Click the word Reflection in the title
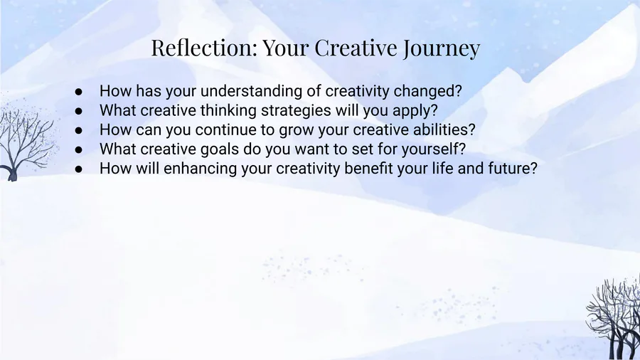[x=204, y=48]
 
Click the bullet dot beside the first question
[x=79, y=92]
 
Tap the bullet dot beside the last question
[x=79, y=169]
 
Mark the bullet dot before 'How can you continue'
[x=79, y=131]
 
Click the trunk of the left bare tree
[x=12, y=173]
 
